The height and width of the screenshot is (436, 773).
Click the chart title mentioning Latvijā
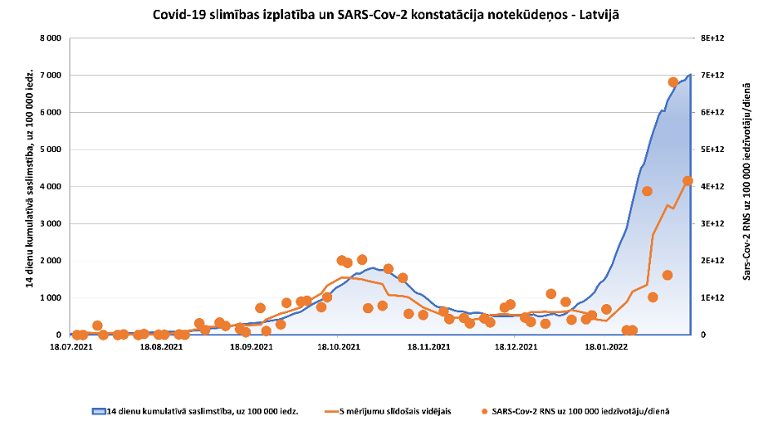click(386, 15)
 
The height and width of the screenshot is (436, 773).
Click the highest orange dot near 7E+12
click(673, 82)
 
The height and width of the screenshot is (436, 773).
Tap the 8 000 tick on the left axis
click(51, 38)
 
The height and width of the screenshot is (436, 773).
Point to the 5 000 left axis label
click(51, 149)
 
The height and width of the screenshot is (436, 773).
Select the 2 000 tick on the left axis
click(51, 261)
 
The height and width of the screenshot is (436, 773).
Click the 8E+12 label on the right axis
click(713, 38)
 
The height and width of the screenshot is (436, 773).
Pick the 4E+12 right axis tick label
click(713, 187)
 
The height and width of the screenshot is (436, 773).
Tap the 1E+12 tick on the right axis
click(713, 298)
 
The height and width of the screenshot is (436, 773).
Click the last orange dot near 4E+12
click(687, 181)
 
